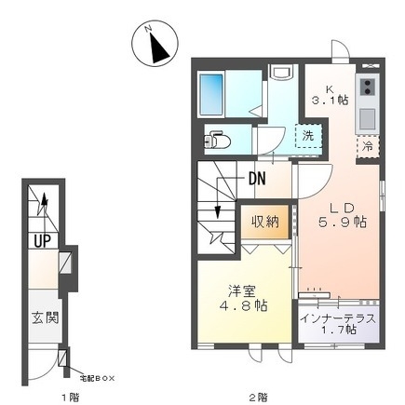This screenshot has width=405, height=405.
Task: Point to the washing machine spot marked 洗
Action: (305, 135)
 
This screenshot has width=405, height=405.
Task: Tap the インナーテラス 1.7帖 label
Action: (339, 326)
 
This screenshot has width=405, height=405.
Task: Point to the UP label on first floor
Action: (42, 240)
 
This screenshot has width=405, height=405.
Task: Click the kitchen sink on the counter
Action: (367, 117)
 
